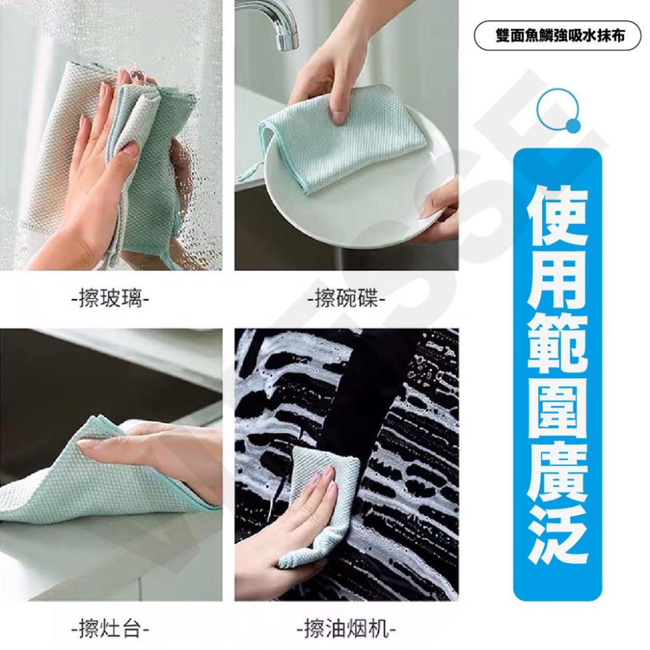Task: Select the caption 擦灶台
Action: coord(110,630)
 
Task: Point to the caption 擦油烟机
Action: coord(346,630)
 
